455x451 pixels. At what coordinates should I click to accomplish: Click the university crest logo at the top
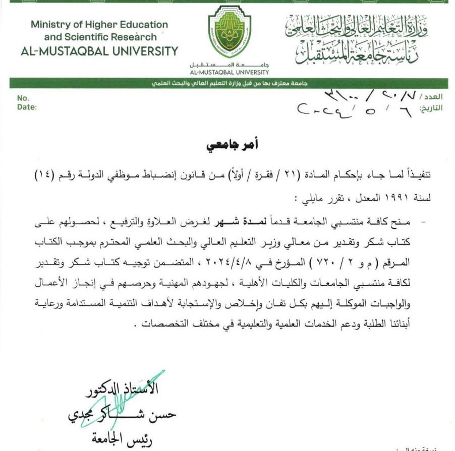coord(229,33)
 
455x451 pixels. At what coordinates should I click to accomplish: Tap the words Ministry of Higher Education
coord(99,24)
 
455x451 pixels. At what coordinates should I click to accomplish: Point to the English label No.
coord(23,98)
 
